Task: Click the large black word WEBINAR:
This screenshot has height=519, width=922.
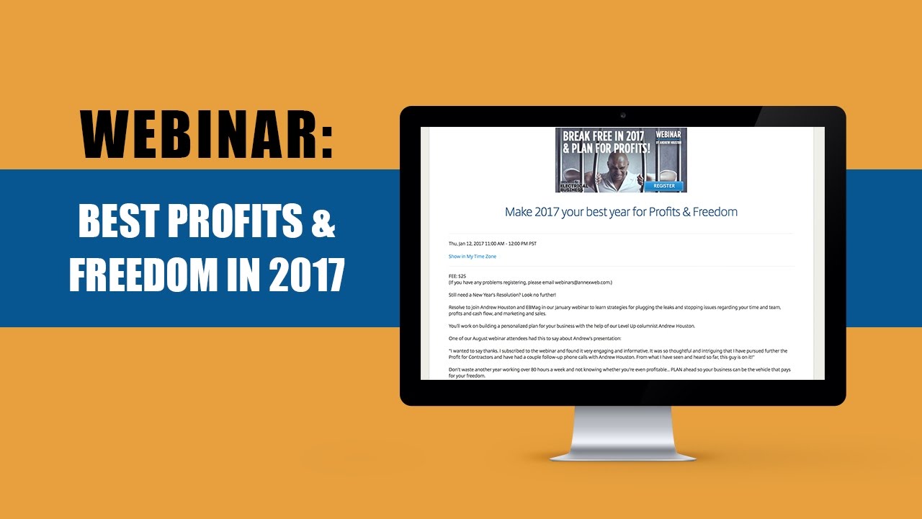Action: tap(207, 135)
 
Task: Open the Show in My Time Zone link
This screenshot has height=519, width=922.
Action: tap(472, 257)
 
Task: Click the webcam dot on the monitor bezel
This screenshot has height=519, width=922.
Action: tap(623, 115)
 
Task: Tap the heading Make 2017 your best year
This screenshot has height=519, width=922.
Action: tap(621, 212)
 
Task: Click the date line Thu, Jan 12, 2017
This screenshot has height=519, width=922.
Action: tap(492, 244)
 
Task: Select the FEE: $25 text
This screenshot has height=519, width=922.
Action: tap(458, 275)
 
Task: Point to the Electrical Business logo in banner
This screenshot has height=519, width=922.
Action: tap(573, 185)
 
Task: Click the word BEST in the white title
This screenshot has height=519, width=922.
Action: tap(116, 223)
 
